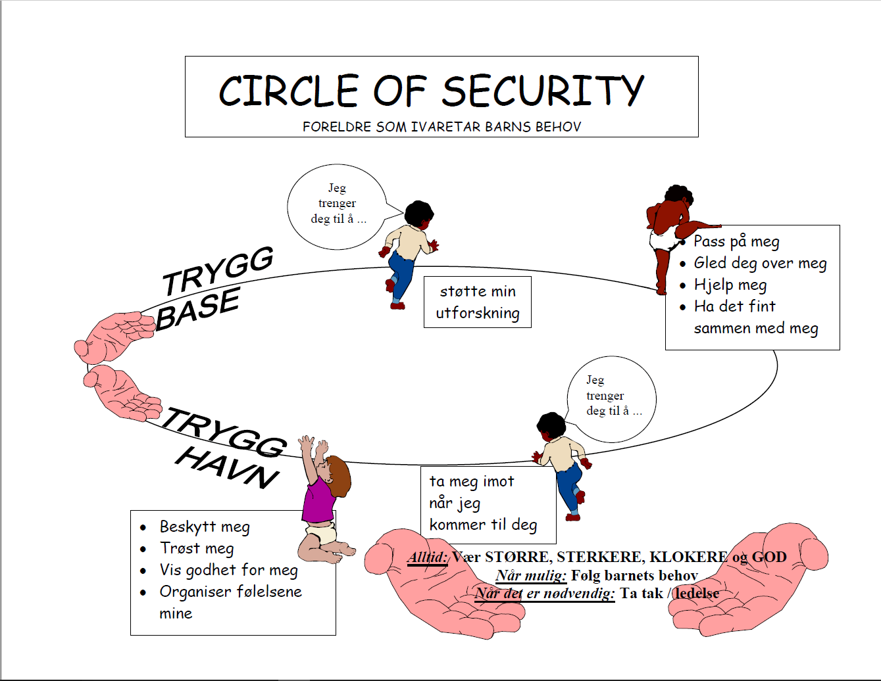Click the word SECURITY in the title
542,91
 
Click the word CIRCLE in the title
289,91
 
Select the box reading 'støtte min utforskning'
477,302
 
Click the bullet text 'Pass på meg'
736,242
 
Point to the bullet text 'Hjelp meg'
730,285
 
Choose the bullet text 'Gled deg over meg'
760,264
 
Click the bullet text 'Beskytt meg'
205,527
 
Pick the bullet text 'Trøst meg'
197,549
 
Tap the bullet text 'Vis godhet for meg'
228,571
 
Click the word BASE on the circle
197,308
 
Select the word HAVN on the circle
228,468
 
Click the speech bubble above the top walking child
337,206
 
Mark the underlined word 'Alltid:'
428,557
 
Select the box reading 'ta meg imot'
488,504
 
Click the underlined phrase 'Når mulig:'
531,576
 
